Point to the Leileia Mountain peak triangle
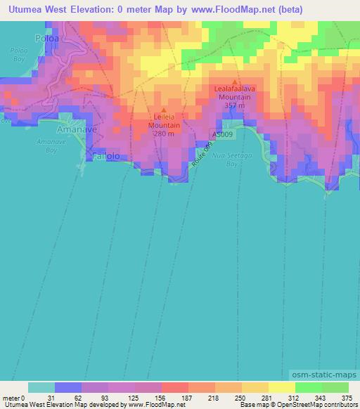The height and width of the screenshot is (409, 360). click(164, 110)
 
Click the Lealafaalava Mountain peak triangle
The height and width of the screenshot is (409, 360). click(236, 81)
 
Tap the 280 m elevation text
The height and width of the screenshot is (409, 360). click(164, 134)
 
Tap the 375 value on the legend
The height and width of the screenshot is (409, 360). click(347, 398)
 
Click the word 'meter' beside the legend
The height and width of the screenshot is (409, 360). click(11, 398)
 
